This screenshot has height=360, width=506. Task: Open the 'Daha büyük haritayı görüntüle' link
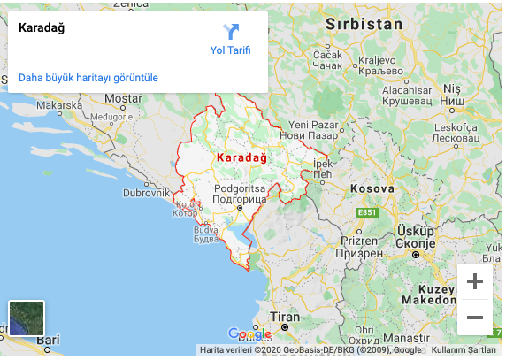[88, 78]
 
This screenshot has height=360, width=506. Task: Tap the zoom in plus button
[475, 282]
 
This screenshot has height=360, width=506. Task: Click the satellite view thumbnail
[27, 318]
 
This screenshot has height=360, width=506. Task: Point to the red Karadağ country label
[241, 157]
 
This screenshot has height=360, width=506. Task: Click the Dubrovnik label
[146, 192]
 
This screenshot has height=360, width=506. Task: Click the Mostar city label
[123, 98]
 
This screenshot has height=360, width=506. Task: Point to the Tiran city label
[285, 317]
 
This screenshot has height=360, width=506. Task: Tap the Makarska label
[59, 105]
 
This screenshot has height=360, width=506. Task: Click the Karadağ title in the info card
[42, 27]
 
